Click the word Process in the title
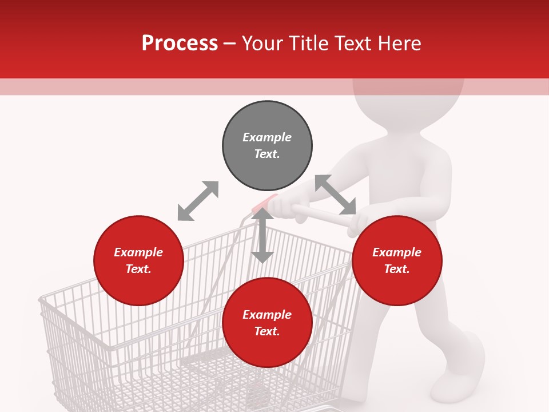coord(180,43)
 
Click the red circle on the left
coord(138,260)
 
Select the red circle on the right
coord(397,260)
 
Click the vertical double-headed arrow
coord(262,235)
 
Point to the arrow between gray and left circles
coord(198,200)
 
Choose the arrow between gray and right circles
coord(335,195)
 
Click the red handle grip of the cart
coord(265,204)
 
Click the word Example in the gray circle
coord(267,137)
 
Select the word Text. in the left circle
coord(138,269)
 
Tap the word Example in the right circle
coord(397,252)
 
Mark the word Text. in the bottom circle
coord(267,331)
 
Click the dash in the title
coord(230,43)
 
